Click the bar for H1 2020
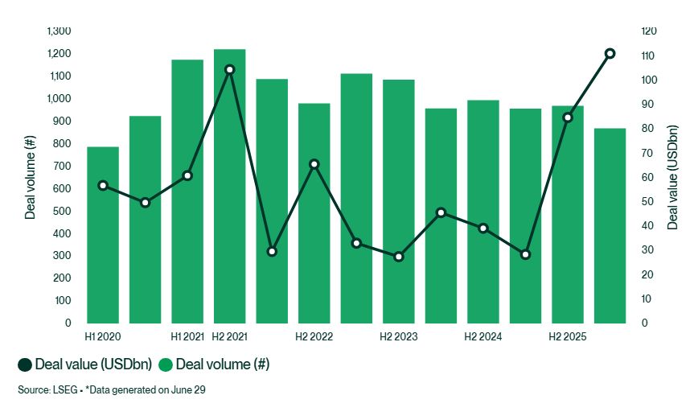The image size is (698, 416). (103, 235)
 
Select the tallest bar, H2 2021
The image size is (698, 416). (230, 186)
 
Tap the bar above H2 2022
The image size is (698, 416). (314, 213)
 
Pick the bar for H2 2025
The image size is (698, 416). (568, 214)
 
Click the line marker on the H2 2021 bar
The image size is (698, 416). (230, 69)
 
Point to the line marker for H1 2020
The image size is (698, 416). (103, 185)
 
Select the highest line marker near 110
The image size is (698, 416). (610, 53)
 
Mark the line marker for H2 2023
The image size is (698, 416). (399, 257)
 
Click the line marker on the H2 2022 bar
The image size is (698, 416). (314, 164)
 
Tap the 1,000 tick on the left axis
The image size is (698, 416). (59, 98)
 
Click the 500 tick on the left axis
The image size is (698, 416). (63, 211)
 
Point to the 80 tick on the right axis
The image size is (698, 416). (647, 128)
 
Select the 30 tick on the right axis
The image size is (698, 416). (647, 250)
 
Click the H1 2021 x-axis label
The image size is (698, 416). (187, 336)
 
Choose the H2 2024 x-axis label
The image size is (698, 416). (483, 336)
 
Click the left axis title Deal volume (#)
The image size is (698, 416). (30, 177)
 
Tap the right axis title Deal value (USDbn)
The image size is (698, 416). (672, 177)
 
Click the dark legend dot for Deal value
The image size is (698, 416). (25, 365)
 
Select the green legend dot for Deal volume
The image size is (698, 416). (166, 365)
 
